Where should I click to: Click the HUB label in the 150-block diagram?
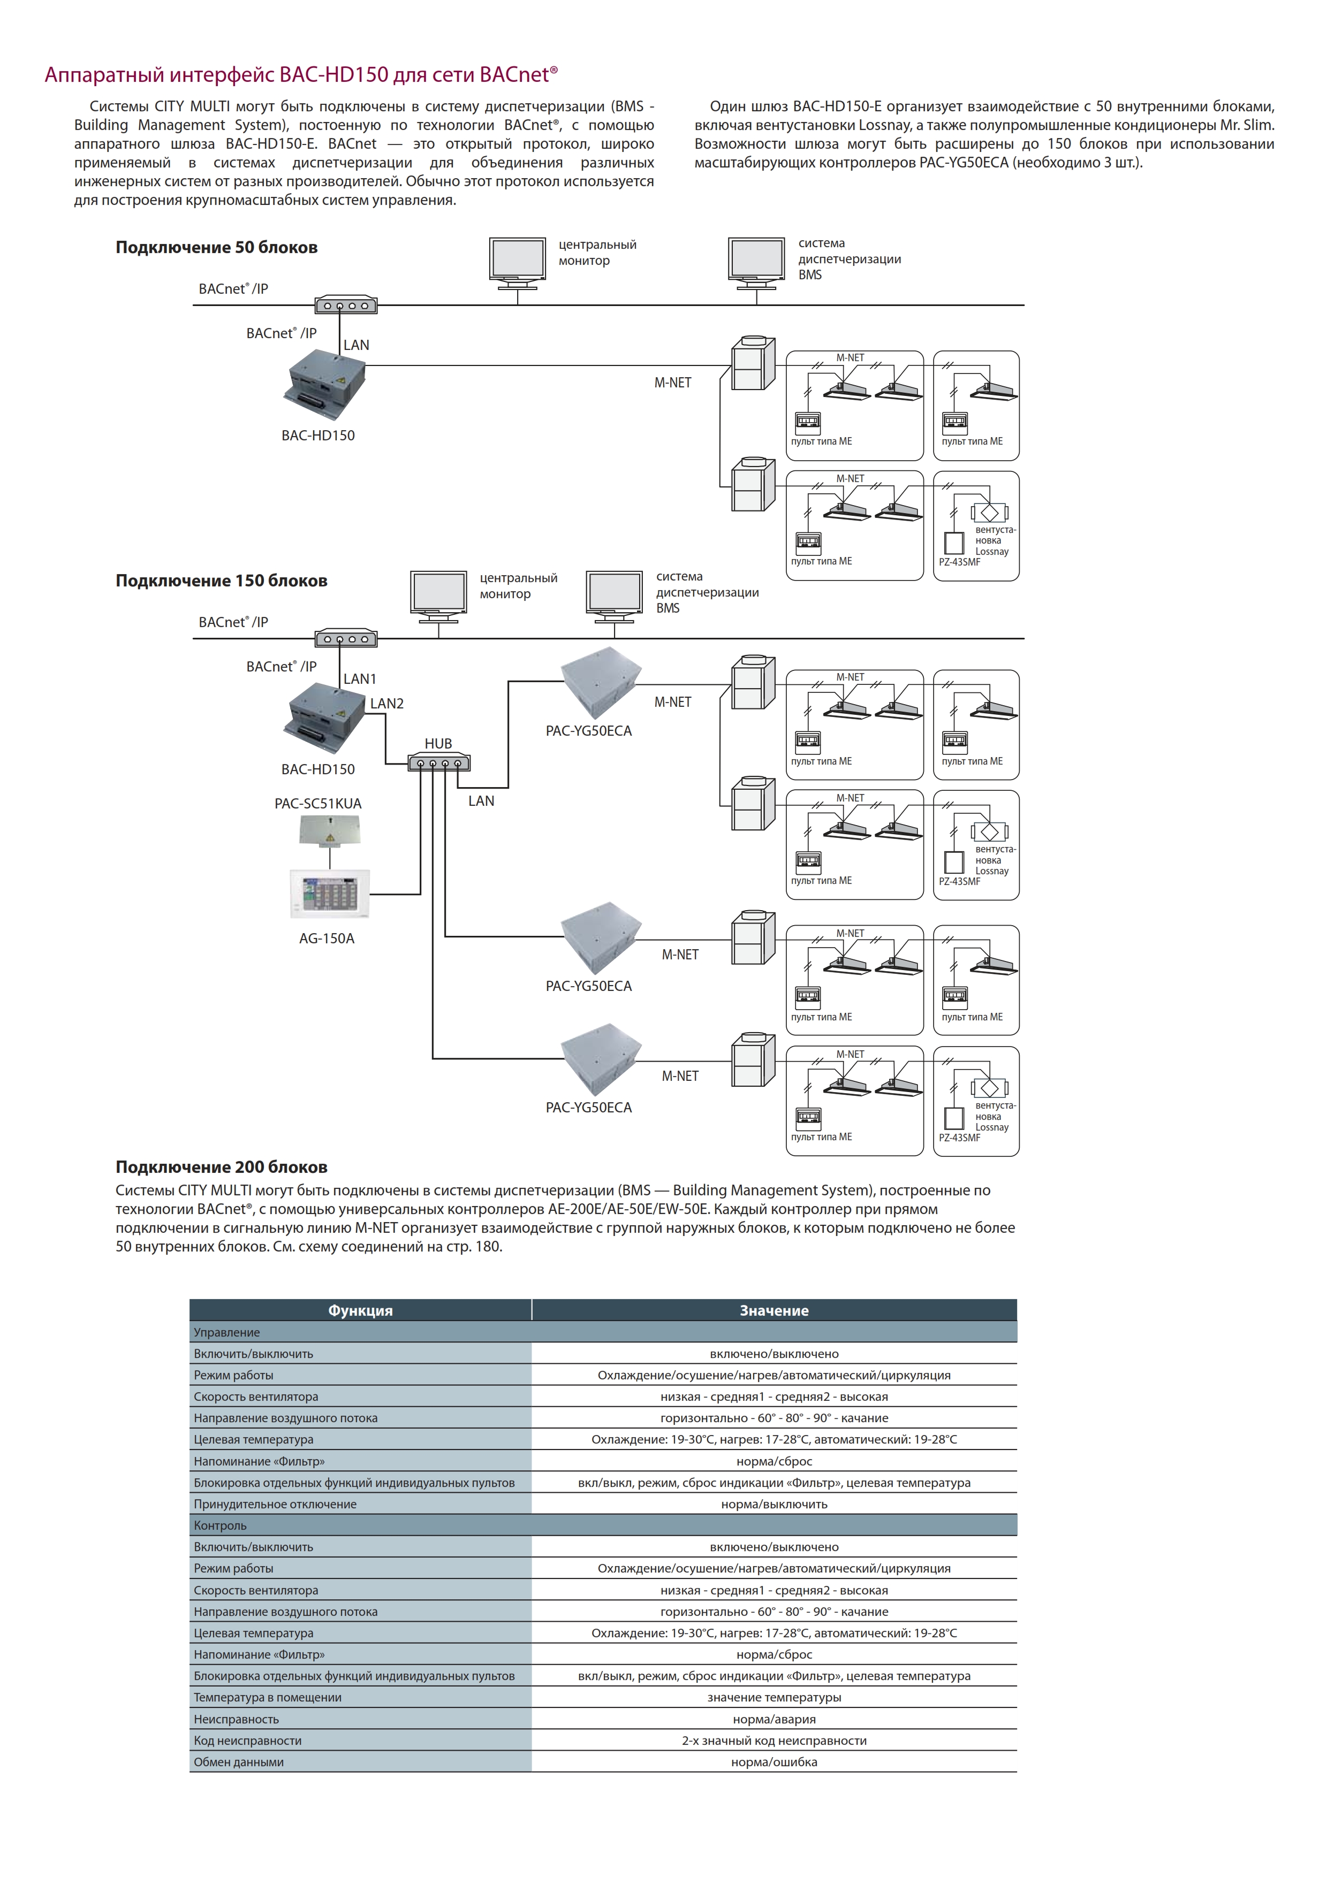438,743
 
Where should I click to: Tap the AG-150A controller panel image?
330,894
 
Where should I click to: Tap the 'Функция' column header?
361,1310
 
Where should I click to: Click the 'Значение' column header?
774,1310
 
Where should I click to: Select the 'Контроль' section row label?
220,1525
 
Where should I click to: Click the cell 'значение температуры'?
774,1697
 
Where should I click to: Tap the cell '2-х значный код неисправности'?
774,1741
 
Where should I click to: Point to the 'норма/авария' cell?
774,1719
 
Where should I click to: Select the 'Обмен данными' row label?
239,1762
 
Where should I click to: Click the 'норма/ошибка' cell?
774,1762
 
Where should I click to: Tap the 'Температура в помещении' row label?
267,1697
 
